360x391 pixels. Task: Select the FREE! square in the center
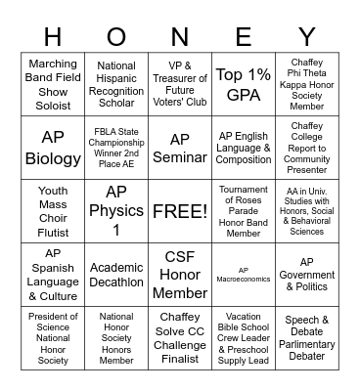tap(180, 210)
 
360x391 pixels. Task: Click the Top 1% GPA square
tap(244, 85)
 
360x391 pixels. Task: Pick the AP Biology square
tap(53, 148)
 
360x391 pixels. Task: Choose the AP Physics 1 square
tap(116, 210)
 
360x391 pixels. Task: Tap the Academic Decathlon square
tap(116, 274)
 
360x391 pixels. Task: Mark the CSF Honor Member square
tap(180, 274)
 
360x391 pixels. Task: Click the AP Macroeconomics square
tap(244, 274)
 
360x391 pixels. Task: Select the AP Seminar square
tap(180, 148)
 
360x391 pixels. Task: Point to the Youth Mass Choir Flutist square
tap(53, 210)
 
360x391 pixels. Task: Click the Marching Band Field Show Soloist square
tap(53, 85)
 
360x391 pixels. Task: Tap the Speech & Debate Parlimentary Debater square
tap(307, 337)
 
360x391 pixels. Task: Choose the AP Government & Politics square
tap(307, 274)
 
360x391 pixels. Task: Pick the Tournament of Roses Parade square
tap(244, 210)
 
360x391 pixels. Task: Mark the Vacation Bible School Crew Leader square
tap(244, 337)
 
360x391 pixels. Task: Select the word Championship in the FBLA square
tap(116, 148)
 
